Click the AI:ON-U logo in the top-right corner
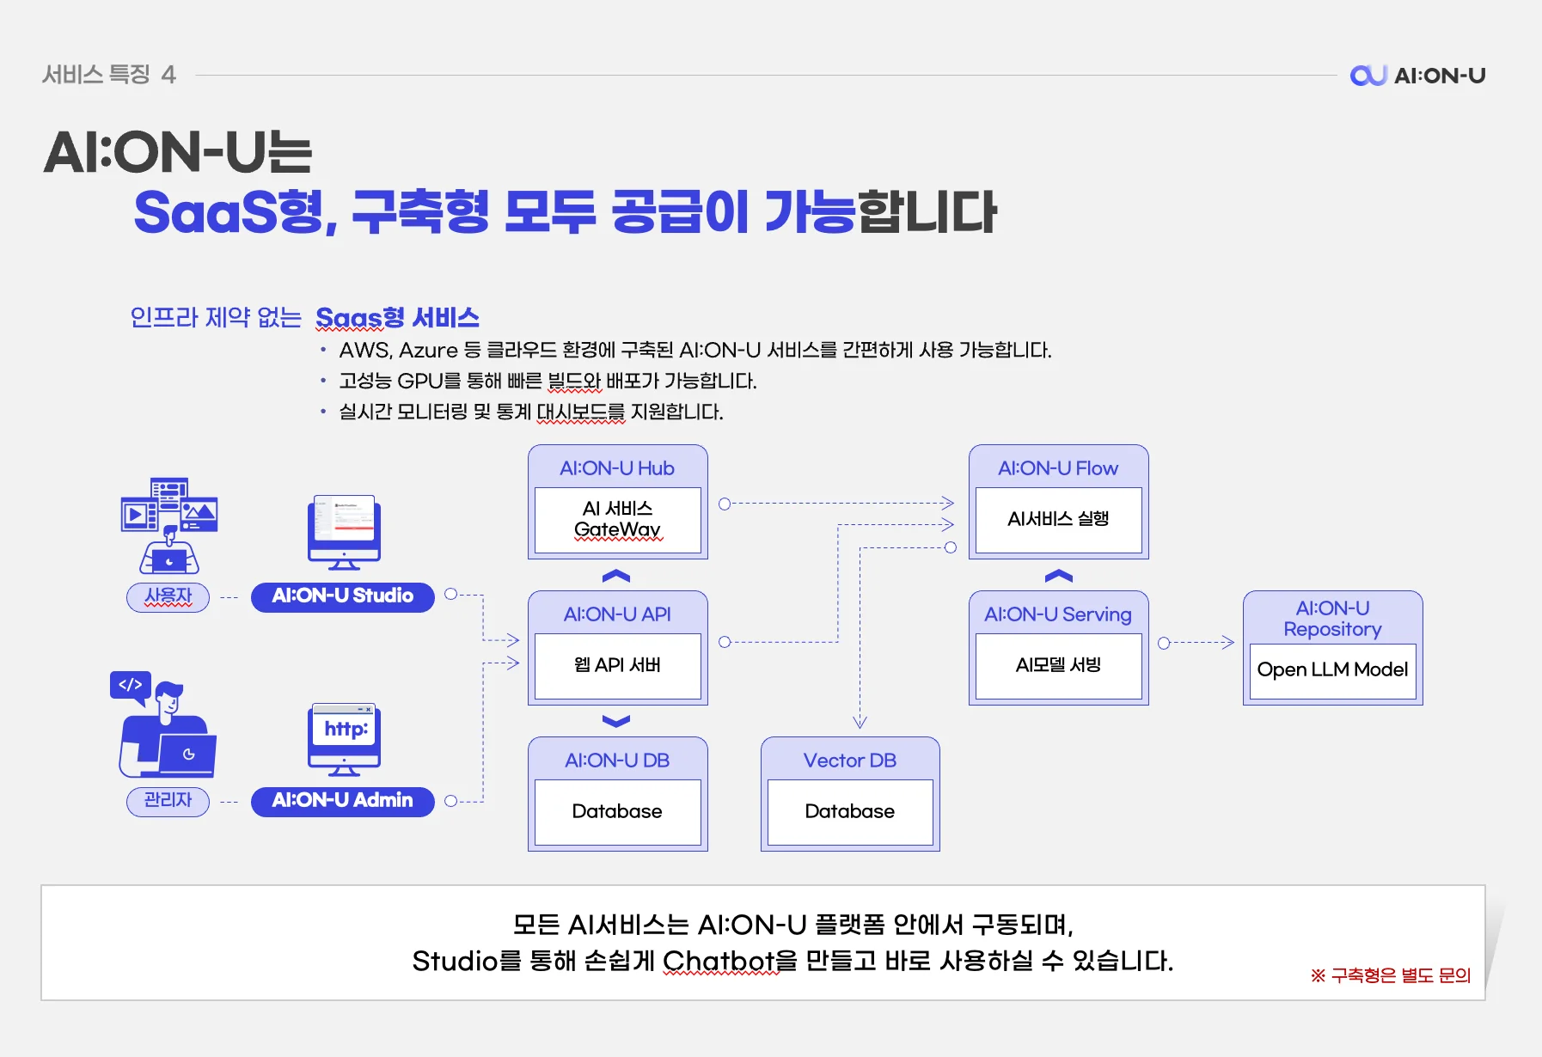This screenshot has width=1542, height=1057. point(1417,76)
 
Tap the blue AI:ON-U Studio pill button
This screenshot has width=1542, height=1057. point(342,596)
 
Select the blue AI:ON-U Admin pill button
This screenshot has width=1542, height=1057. point(342,800)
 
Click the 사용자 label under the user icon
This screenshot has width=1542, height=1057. point(168,596)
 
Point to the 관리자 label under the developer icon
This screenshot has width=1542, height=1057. point(168,800)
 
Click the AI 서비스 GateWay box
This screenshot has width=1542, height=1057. point(617,519)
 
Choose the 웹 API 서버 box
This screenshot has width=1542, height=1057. point(617,665)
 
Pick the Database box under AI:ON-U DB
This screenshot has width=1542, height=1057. point(617,811)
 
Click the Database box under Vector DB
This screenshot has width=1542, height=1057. point(849,811)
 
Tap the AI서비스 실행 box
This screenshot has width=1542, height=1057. point(1058,519)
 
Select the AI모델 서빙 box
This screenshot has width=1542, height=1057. point(1058,665)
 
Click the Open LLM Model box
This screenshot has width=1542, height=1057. point(1332,669)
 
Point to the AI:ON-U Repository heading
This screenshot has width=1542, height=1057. point(1332,619)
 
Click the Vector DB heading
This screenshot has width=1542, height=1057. point(849,761)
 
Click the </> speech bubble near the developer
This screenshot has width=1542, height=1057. point(131,686)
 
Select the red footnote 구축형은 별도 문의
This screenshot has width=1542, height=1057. point(1392,975)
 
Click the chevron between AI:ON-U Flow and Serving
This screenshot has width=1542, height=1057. point(1058,576)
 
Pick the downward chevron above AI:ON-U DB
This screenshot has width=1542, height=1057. point(616,721)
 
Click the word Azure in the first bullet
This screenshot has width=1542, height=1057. point(428,351)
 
